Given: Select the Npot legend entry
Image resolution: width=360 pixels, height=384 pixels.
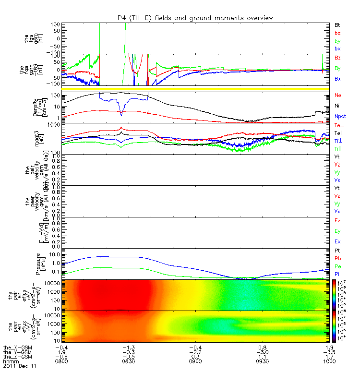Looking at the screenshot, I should pos(339,116).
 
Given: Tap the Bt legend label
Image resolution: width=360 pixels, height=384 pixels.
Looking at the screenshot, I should pos(337,24).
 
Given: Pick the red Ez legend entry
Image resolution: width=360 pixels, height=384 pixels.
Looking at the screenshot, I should pos(337,220).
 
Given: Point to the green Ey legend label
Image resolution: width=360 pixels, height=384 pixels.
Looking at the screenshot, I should pos(337,231).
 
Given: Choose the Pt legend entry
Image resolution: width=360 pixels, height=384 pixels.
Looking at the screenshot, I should pos(337,251).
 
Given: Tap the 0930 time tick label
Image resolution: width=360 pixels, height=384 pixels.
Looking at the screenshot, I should pos(262,360).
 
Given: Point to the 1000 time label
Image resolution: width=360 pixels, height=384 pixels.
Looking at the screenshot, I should pos(329,360).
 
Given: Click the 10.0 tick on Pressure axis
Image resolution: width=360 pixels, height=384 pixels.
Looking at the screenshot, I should pos(52,254).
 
